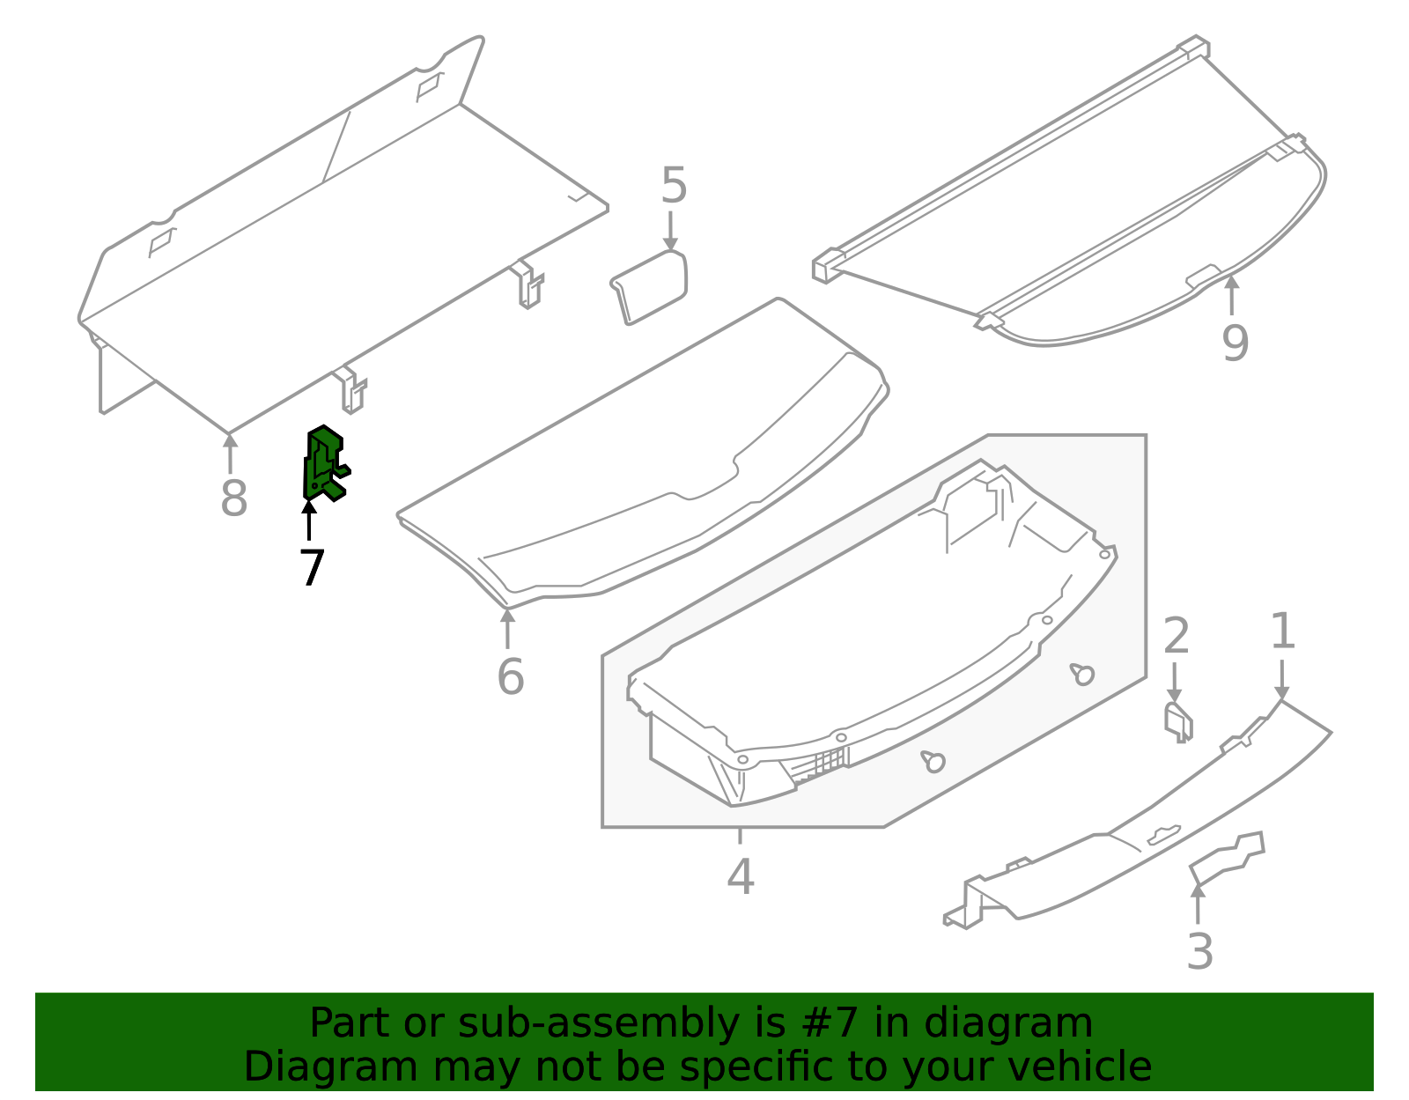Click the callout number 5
coord(673,186)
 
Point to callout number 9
coord(1235,343)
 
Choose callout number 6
coord(510,677)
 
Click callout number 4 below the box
coord(741,877)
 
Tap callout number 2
coord(1177,636)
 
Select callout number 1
coord(1282,631)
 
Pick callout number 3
coord(1199,952)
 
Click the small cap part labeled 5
coord(650,286)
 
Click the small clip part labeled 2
coord(1177,720)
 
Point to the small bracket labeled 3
coord(1227,858)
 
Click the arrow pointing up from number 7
coord(309,520)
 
